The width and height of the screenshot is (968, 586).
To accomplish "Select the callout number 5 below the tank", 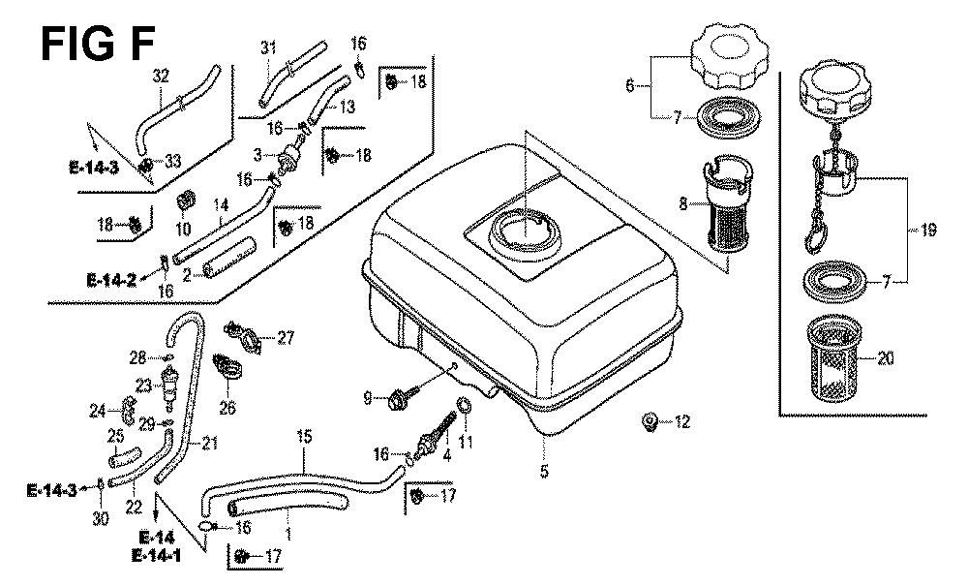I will pyautogui.click(x=544, y=472).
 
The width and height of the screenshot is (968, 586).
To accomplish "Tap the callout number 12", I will pyautogui.click(x=684, y=421).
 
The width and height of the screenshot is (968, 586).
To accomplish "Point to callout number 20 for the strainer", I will pyautogui.click(x=886, y=358).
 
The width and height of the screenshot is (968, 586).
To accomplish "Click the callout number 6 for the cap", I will pyautogui.click(x=630, y=86).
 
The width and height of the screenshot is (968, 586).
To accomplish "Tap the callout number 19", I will pyautogui.click(x=928, y=230).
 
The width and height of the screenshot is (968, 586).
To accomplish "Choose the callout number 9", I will pyautogui.click(x=367, y=396).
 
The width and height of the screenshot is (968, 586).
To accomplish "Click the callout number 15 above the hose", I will pyautogui.click(x=304, y=438).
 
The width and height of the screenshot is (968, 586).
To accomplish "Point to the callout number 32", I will pyautogui.click(x=162, y=75).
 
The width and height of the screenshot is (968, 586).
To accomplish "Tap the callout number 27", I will pyautogui.click(x=285, y=337).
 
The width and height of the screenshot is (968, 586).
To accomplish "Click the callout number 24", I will pyautogui.click(x=97, y=411).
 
